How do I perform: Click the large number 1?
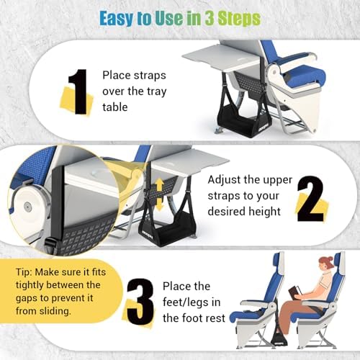tap(78, 91)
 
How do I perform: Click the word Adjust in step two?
tap(225, 180)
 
